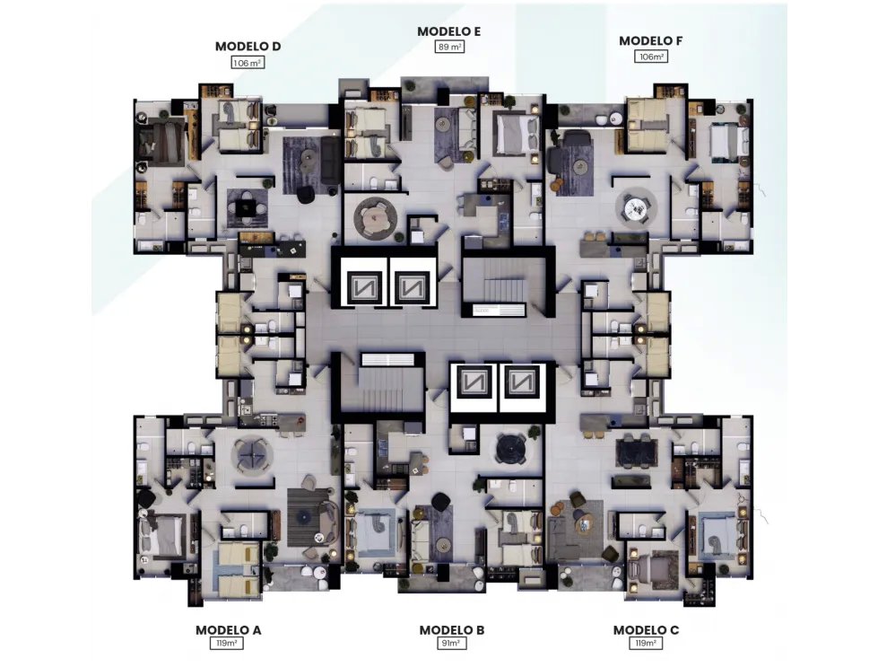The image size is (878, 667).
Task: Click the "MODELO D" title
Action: (x=248, y=47)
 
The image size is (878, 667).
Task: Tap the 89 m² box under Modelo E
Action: (x=449, y=47)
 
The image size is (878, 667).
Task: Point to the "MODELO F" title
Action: (x=651, y=41)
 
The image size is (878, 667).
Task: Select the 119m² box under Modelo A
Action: (x=226, y=643)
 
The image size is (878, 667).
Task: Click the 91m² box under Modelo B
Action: (x=451, y=643)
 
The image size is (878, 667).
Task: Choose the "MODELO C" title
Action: (x=646, y=630)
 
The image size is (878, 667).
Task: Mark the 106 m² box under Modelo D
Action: (x=248, y=63)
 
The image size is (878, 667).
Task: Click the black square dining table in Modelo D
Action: (x=246, y=208)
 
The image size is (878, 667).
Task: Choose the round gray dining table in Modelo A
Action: (x=252, y=455)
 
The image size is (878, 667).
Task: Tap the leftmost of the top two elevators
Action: (x=362, y=286)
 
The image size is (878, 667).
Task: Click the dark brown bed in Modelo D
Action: (x=161, y=143)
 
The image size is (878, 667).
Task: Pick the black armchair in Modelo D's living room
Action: (x=306, y=195)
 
